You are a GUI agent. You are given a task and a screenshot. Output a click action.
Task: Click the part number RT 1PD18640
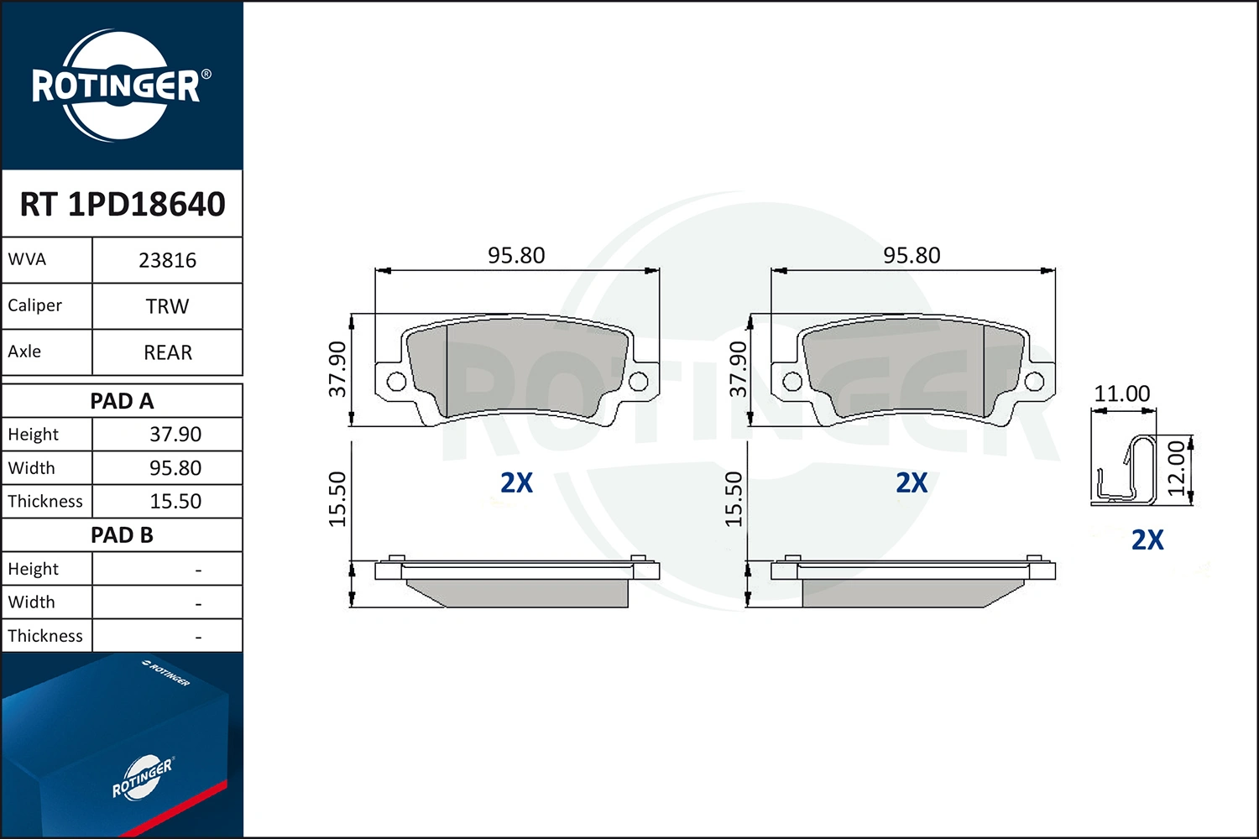click(x=123, y=204)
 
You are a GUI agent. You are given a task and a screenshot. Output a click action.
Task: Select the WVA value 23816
click(x=168, y=261)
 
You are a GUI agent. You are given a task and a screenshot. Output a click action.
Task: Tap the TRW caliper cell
click(x=168, y=307)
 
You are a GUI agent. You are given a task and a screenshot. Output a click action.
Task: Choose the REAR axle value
click(x=168, y=352)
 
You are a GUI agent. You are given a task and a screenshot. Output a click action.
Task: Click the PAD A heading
click(x=122, y=401)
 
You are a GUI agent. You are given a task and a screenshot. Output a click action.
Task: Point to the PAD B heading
click(x=122, y=535)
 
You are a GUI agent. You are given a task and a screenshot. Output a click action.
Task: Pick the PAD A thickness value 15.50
click(x=175, y=501)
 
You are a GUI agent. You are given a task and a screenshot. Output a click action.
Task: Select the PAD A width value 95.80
click(x=175, y=468)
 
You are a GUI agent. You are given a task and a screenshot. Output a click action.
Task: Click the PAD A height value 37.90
click(x=175, y=435)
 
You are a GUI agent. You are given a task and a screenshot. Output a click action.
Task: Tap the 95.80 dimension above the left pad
click(x=516, y=256)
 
